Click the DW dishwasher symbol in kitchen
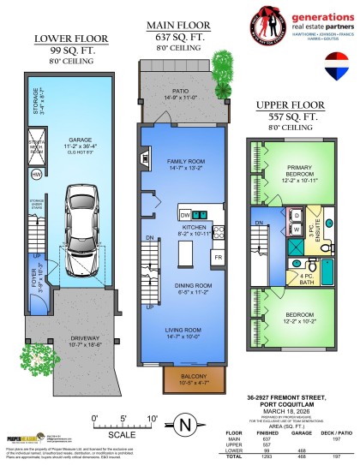pyautogui.click(x=184, y=214)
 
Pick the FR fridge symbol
pyautogui.click(x=218, y=257)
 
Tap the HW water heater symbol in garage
pyautogui.click(x=36, y=175)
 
